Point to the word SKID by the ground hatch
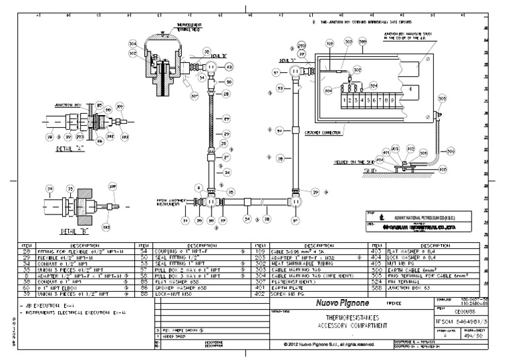372,170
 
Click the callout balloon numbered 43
229,67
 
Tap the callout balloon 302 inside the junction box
358,69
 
